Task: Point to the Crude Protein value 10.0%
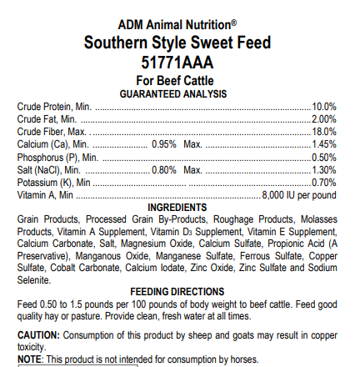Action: (x=324, y=108)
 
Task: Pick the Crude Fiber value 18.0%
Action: (x=324, y=132)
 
